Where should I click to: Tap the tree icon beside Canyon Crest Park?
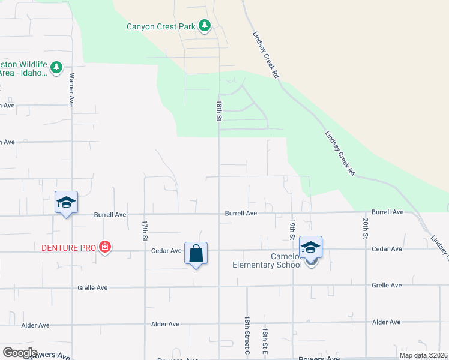[205, 25]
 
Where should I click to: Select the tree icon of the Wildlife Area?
[56, 67]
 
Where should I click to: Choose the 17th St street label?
[145, 230]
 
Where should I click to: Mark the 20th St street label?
[365, 229]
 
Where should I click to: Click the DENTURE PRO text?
[68, 247]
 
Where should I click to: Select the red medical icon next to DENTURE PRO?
[105, 247]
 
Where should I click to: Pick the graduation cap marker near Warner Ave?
[66, 202]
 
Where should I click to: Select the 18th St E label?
[265, 340]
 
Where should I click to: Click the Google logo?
[20, 353]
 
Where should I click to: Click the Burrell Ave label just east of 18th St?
[241, 213]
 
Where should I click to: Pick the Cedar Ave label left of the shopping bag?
[167, 251]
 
